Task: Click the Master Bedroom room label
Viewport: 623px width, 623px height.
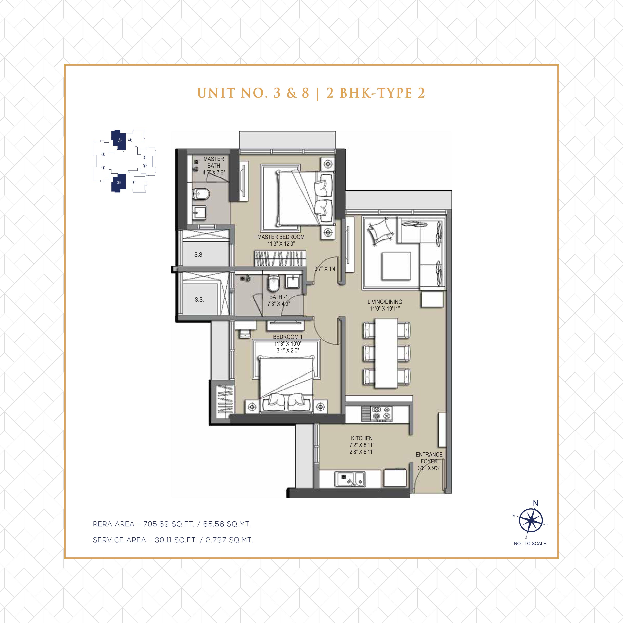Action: (281, 237)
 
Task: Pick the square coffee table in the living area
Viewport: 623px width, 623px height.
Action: (396, 266)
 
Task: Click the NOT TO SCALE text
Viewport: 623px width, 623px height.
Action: (530, 543)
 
